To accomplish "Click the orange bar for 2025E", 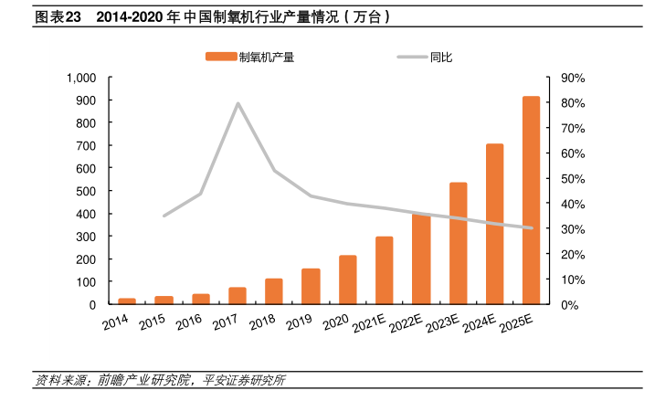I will tap(531, 200).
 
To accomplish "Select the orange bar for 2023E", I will tap(458, 243).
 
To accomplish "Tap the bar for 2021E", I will tap(385, 270).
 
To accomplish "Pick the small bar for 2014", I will tap(128, 301).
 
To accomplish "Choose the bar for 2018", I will tap(274, 291).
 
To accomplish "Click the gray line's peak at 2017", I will tap(238, 103).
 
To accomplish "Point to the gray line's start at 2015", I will tap(164, 216).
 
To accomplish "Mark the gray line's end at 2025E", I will tap(531, 228).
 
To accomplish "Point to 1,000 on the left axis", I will tap(81, 78).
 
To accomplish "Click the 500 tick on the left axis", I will tap(88, 191).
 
